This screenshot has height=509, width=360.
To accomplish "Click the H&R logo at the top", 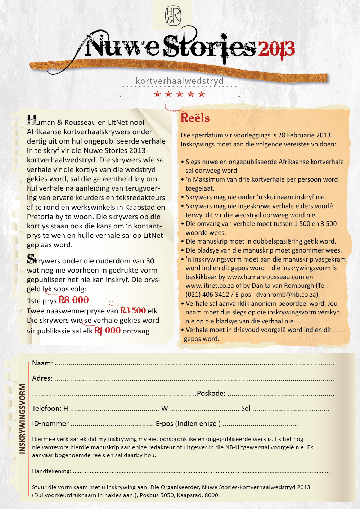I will tap(173, 16).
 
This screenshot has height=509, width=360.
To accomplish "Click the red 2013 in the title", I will tap(276, 49).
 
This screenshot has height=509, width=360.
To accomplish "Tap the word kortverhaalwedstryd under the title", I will tap(180, 81).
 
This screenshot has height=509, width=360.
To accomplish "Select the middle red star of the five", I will tap(180, 94).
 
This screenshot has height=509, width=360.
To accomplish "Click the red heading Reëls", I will tap(195, 118).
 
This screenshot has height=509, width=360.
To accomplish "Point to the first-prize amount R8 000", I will tap(73, 300).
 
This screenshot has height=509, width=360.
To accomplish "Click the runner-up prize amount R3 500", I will tap(133, 310).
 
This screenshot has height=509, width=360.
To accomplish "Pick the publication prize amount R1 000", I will tap(107, 331).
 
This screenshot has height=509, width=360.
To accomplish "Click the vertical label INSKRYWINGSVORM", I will tap(22, 418).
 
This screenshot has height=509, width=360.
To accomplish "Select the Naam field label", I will tap(42, 363).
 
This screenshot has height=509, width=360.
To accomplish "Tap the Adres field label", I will tap(42, 378).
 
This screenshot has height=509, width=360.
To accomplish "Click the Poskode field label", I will tap(211, 393).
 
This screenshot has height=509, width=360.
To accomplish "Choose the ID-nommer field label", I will tap(50, 423).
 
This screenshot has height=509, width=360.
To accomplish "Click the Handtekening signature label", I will tap(51, 471).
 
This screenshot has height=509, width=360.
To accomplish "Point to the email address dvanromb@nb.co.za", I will tap(287, 294).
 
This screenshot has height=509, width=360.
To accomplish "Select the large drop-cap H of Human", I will tap(32, 120).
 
